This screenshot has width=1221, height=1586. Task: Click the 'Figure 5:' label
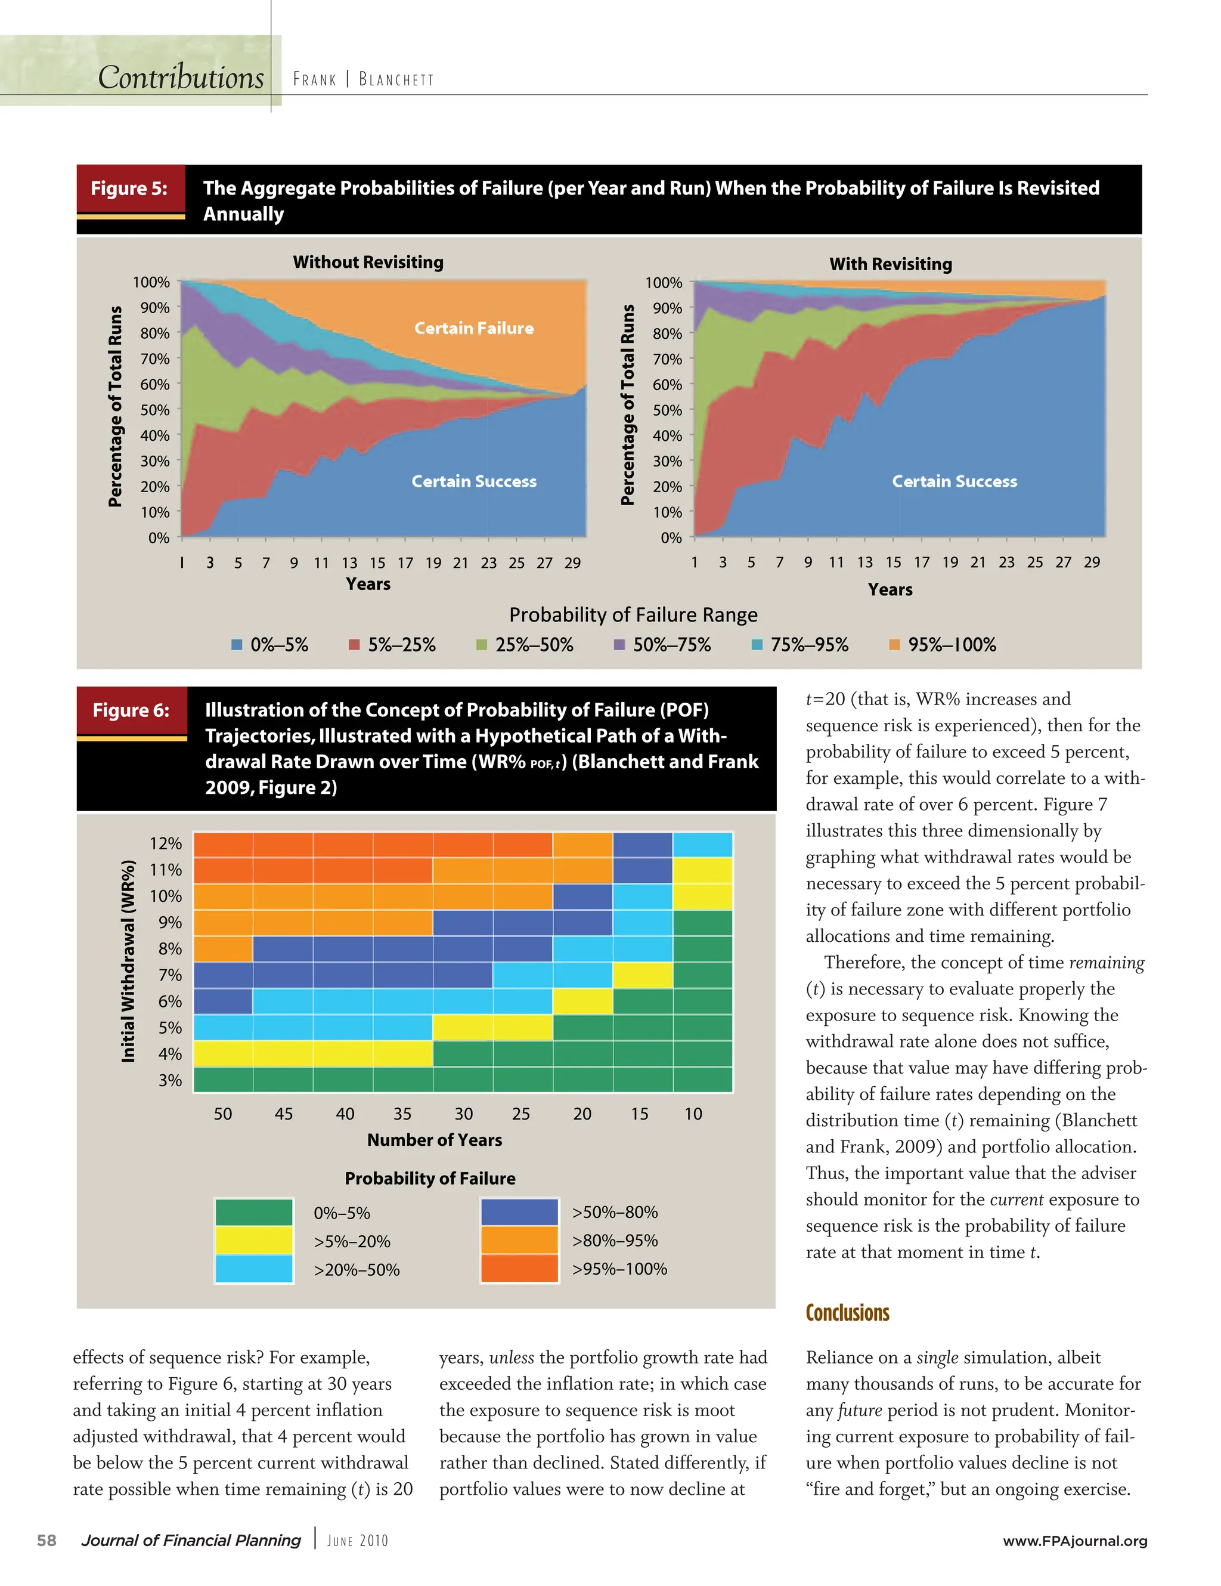pyautogui.click(x=129, y=189)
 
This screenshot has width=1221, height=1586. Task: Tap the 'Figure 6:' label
pyautogui.click(x=131, y=710)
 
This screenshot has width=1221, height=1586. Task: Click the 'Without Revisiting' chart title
pyautogui.click(x=368, y=262)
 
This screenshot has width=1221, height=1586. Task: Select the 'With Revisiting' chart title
pyautogui.click(x=890, y=264)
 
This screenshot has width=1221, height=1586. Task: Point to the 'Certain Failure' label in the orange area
pyautogui.click(x=473, y=328)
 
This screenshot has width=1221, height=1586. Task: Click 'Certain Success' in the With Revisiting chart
pyautogui.click(x=954, y=481)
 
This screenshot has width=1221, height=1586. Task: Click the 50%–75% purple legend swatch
pyautogui.click(x=619, y=645)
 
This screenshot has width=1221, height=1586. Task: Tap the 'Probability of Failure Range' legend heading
pyautogui.click(x=633, y=615)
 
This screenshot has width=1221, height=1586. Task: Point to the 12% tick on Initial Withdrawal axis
pyautogui.click(x=166, y=844)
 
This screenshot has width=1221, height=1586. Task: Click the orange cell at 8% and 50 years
pyautogui.click(x=223, y=949)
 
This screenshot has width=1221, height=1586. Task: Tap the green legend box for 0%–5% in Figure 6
pyautogui.click(x=254, y=1212)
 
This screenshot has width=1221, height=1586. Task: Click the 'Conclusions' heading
pyautogui.click(x=847, y=1313)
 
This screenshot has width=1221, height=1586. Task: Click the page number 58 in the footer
pyautogui.click(x=47, y=1540)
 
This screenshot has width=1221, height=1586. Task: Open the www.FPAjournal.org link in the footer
pyautogui.click(x=1074, y=1541)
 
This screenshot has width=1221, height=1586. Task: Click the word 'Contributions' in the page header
pyautogui.click(x=181, y=78)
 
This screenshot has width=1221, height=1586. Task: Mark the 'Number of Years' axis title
pyautogui.click(x=434, y=1140)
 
